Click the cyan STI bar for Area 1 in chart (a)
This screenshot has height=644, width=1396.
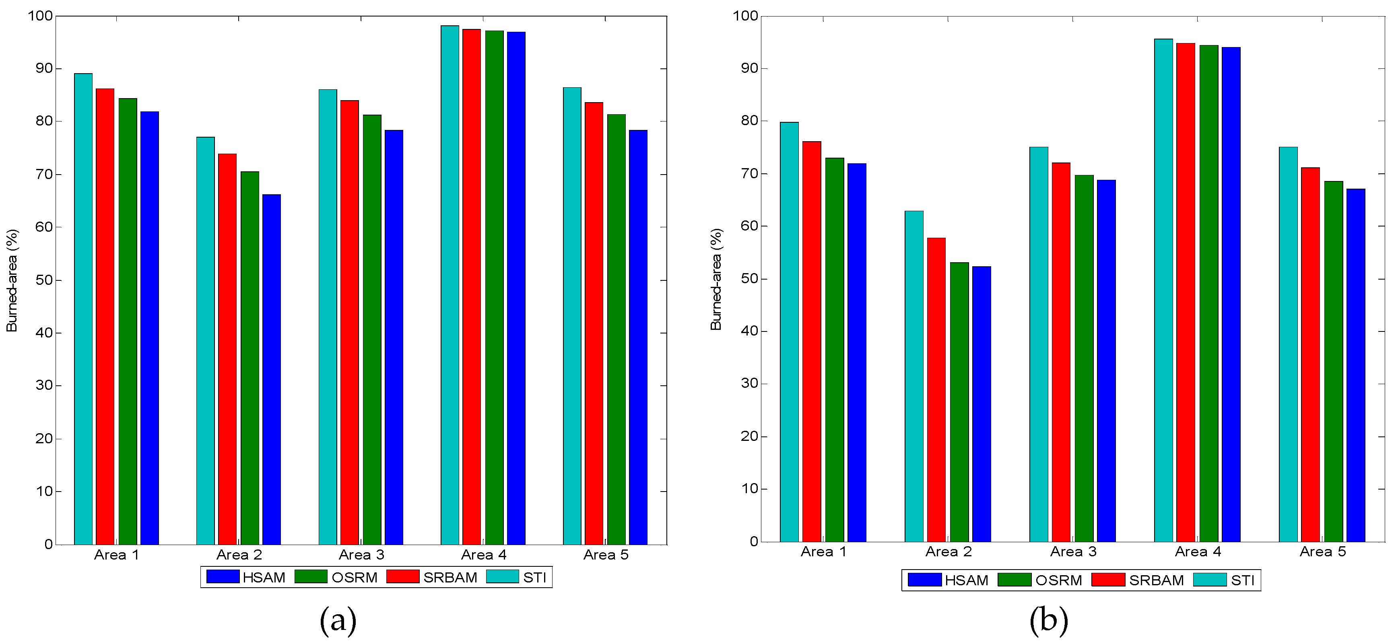(83, 309)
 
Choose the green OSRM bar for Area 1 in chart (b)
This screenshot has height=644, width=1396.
(835, 349)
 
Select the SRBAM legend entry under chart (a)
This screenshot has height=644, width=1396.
(432, 577)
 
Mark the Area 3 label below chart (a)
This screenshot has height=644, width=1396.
(361, 555)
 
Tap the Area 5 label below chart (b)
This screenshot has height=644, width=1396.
(1322, 552)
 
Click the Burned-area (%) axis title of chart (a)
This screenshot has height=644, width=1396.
(12, 280)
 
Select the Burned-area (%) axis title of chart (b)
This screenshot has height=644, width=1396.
(716, 279)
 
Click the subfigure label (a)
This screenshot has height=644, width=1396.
(338, 620)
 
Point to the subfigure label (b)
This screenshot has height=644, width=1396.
(1049, 620)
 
